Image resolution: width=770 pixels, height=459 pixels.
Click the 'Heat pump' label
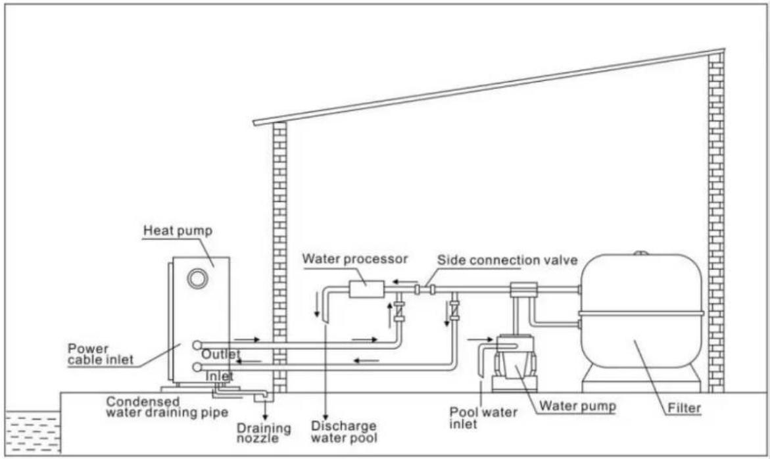pos(178,230)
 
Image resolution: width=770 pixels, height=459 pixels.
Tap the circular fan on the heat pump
pos(198,279)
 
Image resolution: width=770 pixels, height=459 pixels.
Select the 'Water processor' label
pos(354,258)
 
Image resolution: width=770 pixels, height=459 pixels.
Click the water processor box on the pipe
pos(366,288)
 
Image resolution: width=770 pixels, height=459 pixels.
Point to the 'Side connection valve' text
pos(507,260)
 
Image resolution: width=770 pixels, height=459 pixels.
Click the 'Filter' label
pos(684,408)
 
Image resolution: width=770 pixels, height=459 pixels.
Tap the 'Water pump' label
pos(577,406)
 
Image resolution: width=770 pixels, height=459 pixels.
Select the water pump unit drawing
pos(513,362)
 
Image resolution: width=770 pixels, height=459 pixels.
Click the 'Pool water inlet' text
pos(484,418)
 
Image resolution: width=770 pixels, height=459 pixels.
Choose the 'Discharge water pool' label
pos(344,431)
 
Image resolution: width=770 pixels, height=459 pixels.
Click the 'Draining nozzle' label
pos(264,433)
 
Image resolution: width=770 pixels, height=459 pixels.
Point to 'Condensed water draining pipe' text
pos(168,407)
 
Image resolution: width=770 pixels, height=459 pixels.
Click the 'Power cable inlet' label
pos(100,354)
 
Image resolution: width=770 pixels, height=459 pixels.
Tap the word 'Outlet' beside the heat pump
pos(221,354)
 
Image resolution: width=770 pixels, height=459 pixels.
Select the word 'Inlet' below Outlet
pos(219,376)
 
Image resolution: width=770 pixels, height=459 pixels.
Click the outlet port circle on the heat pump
pos(197,345)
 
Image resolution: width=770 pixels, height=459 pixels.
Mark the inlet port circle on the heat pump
pos(197,367)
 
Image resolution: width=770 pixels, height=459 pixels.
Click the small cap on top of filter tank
pos(641,253)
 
